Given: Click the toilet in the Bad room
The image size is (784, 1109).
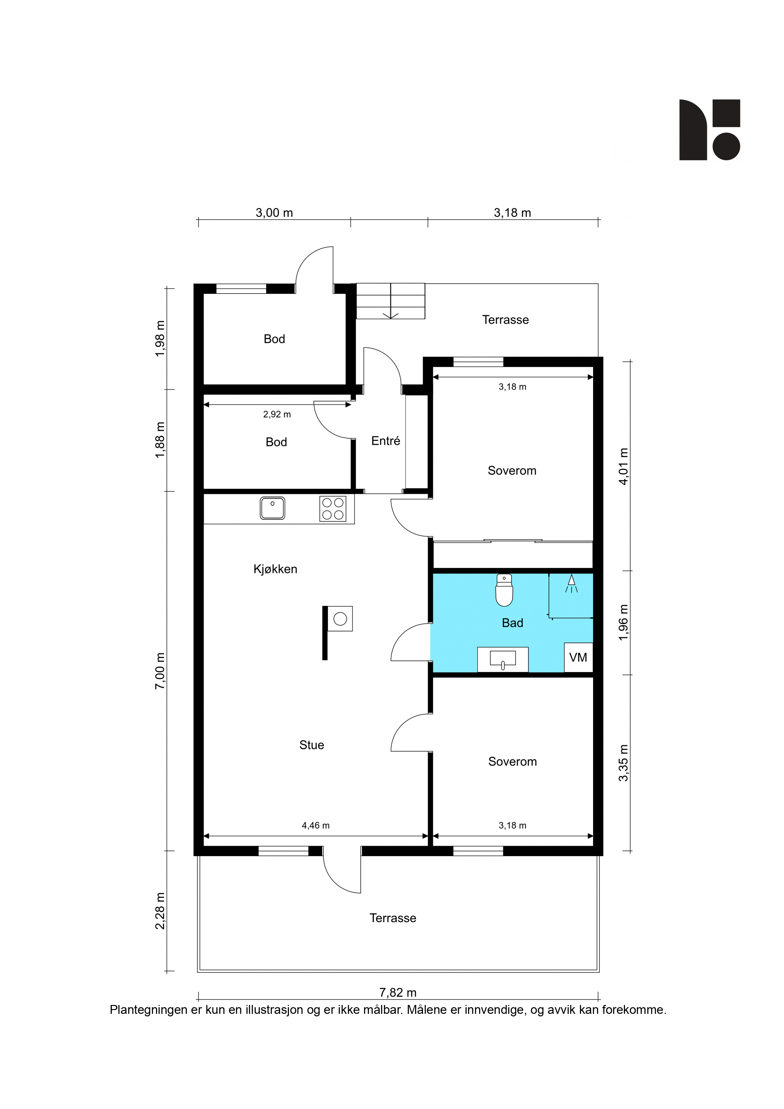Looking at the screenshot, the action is [x=504, y=590].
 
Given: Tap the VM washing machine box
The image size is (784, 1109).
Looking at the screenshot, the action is [x=578, y=657].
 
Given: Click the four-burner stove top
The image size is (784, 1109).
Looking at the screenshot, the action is [x=333, y=509].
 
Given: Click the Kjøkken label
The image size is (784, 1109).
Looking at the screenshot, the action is [x=275, y=569].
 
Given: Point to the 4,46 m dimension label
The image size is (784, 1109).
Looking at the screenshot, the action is [x=316, y=825].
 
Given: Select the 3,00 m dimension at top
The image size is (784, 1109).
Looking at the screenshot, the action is [x=274, y=212].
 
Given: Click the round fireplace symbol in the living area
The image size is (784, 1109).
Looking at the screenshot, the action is [x=340, y=619].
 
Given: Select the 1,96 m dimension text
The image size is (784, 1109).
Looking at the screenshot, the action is [x=624, y=622].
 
